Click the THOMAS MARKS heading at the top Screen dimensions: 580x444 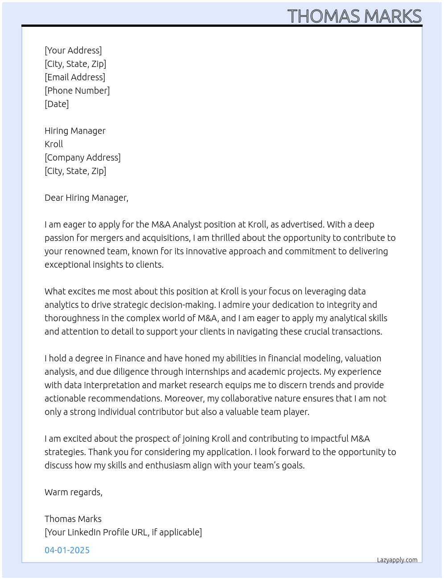(x=354, y=16)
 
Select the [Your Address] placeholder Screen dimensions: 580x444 (x=73, y=50)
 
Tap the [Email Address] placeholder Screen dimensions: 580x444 (x=75, y=77)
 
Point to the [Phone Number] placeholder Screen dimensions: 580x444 (x=77, y=91)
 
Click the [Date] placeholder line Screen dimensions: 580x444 (x=57, y=104)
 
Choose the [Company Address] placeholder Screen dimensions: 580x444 (x=82, y=157)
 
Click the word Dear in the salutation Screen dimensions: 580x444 (x=54, y=198)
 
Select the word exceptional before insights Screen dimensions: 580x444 (x=67, y=265)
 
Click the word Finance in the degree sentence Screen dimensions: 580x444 (x=130, y=358)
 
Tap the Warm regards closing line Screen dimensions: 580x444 (x=74, y=492)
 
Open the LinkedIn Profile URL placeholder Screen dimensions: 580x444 (x=123, y=532)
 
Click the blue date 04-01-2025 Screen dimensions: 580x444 (x=67, y=550)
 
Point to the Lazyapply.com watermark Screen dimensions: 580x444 (x=397, y=560)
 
